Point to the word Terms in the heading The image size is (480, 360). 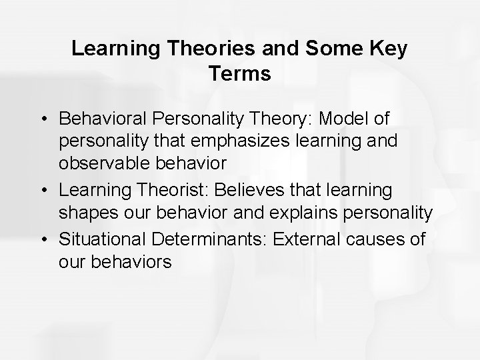click(239, 74)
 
